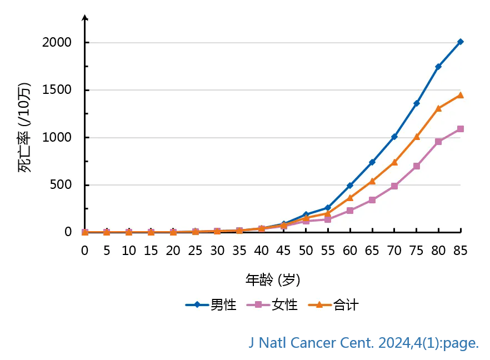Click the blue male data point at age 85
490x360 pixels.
point(461,42)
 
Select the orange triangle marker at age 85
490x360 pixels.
point(461,95)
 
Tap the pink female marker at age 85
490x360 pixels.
point(461,129)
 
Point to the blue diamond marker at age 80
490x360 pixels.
point(438,67)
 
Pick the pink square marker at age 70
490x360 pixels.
point(394,186)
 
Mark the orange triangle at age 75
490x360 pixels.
point(416,136)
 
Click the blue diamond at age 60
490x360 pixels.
point(350,186)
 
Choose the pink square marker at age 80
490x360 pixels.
point(438,142)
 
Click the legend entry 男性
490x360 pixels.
point(211,304)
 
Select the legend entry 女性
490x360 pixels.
point(272,304)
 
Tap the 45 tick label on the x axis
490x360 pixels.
point(283,251)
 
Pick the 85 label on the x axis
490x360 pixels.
point(461,251)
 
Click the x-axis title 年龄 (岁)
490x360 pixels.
point(273,279)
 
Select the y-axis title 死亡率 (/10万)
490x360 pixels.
point(25,128)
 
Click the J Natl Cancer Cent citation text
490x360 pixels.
point(364,343)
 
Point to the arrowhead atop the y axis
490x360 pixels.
point(85,18)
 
